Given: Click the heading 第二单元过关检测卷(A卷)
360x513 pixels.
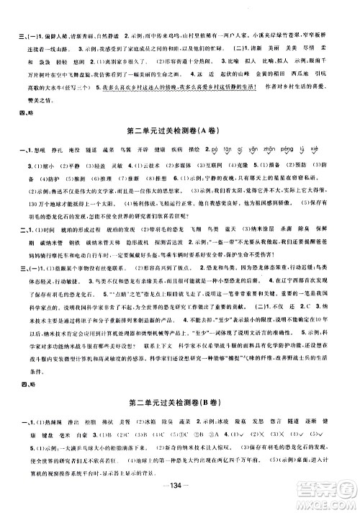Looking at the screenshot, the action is (180, 129).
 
